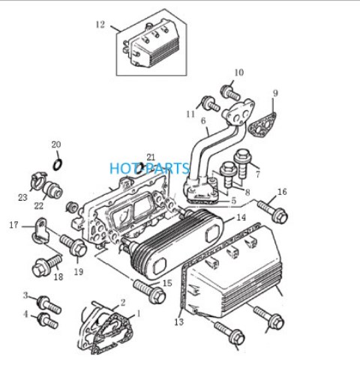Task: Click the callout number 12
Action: tap(100, 25)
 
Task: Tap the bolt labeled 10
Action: tap(230, 92)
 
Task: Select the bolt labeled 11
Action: tap(211, 103)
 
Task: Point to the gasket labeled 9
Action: tap(262, 125)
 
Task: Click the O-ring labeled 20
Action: tap(58, 165)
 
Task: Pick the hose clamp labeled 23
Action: tap(38, 181)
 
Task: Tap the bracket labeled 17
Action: tap(40, 231)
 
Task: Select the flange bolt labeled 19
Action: tap(73, 246)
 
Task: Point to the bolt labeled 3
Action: tap(49, 304)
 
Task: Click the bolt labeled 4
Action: tap(48, 320)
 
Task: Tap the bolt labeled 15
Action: tap(150, 292)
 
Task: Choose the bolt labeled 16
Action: tap(272, 212)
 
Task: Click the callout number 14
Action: tap(241, 217)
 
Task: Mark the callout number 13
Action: tap(179, 322)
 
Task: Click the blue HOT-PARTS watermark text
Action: tap(149, 168)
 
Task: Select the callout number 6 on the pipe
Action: tap(203, 121)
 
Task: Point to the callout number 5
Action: tap(233, 200)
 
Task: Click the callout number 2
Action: tap(122, 303)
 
